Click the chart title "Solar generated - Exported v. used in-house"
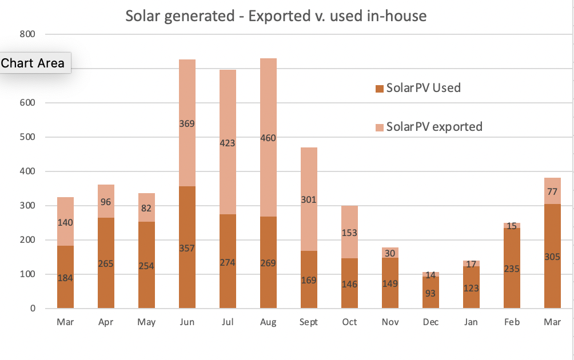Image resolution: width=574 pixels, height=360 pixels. (x=276, y=15)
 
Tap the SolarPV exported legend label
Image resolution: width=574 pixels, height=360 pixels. (x=434, y=126)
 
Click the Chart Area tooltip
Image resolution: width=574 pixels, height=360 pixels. (x=33, y=63)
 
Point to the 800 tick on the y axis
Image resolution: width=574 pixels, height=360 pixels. (x=28, y=34)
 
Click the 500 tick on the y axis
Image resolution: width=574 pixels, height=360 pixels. (x=28, y=137)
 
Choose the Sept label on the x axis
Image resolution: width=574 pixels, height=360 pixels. (x=308, y=322)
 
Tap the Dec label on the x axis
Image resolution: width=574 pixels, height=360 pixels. (x=431, y=322)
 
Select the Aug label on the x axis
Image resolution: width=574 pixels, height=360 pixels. (x=268, y=322)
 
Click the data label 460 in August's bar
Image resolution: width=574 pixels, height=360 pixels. (x=268, y=138)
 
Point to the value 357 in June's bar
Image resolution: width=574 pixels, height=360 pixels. (x=187, y=248)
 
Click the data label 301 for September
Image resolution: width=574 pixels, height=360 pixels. (x=309, y=200)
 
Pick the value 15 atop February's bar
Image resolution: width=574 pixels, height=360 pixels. (x=512, y=226)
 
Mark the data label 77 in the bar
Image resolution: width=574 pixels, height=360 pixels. (x=552, y=191)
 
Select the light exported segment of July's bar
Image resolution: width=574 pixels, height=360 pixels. (x=228, y=114)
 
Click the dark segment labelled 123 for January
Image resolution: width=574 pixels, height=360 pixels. (x=471, y=288)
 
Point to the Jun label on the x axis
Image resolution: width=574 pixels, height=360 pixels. (x=187, y=322)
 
